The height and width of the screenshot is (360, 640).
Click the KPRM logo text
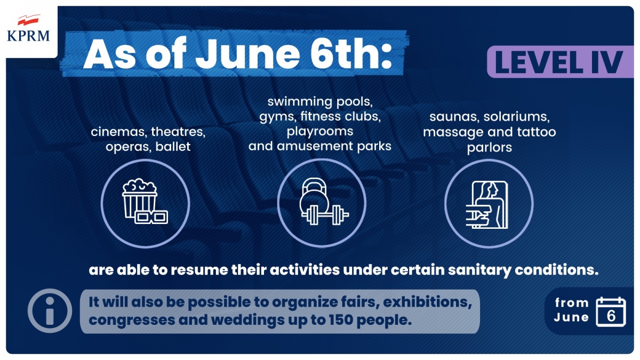tap(28, 36)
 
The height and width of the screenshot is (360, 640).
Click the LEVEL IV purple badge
tap(561, 62)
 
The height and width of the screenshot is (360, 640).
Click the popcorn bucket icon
tap(139, 198)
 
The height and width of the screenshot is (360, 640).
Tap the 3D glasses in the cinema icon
tap(151, 217)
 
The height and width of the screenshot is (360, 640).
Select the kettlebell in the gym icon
tap(314, 196)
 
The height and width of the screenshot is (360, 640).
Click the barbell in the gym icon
tap(325, 215)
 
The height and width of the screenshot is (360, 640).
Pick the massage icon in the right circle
tap(487, 205)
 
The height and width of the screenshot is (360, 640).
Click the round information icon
tap(50, 310)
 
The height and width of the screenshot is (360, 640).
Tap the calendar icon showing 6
tap(611, 311)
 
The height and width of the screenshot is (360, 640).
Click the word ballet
tap(173, 147)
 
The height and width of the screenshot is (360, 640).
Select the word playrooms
tap(320, 132)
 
